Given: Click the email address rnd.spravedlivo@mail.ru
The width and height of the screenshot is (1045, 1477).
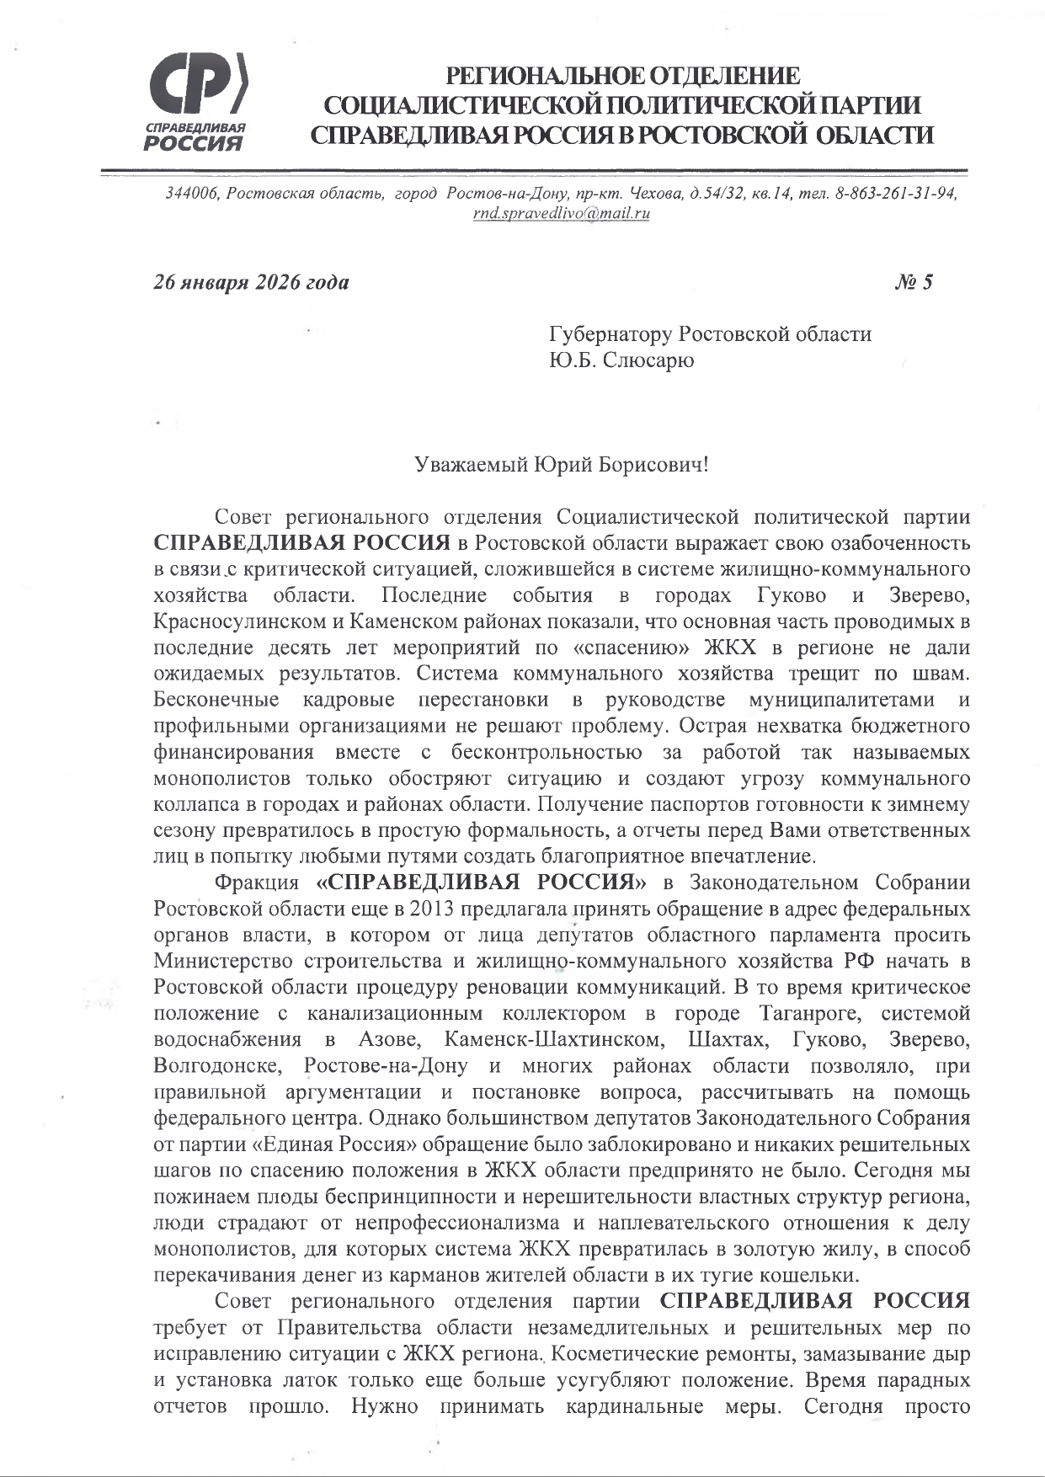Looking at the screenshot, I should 562,213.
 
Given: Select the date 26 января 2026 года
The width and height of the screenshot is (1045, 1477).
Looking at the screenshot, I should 251,282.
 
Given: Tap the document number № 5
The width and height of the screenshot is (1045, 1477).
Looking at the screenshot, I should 914,282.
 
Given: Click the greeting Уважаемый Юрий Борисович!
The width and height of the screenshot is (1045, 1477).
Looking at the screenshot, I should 562,464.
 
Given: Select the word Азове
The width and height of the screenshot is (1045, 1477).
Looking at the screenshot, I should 390,1040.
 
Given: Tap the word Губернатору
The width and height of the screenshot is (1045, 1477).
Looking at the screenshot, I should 611,334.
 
